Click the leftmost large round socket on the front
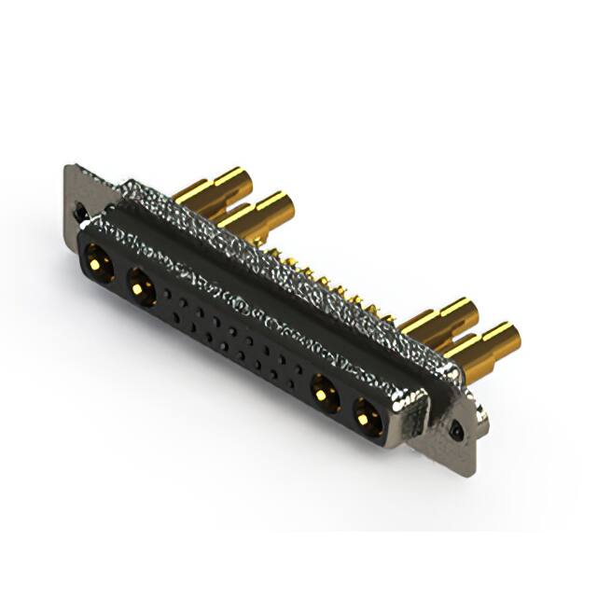pos(97,259)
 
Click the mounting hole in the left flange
pos(81,211)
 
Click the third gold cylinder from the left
pos(438,318)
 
